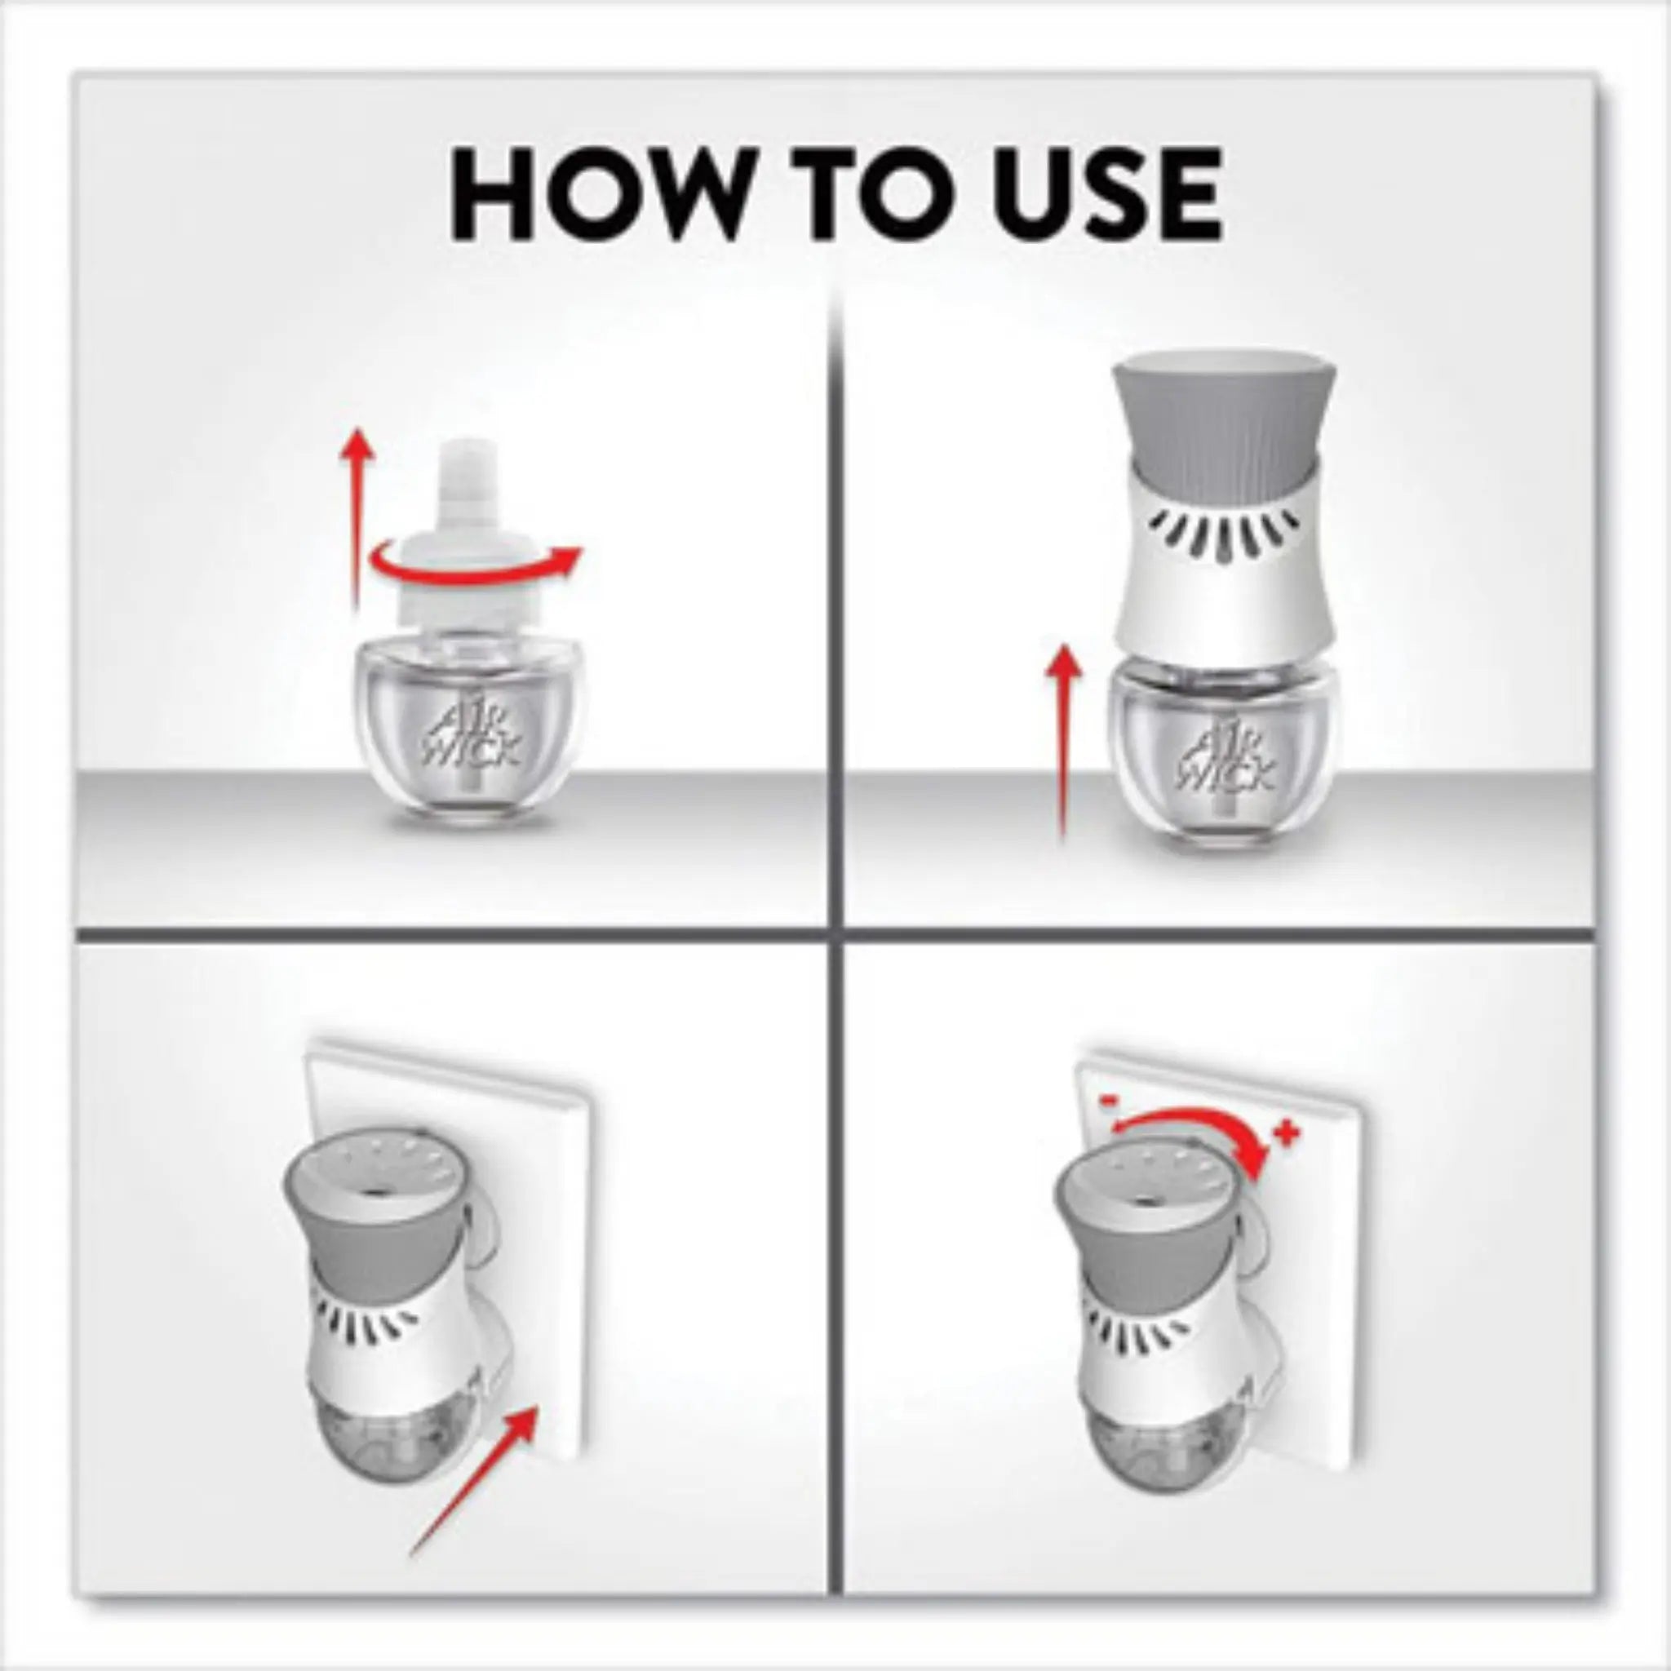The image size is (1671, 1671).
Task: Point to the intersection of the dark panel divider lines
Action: (x=835, y=934)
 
